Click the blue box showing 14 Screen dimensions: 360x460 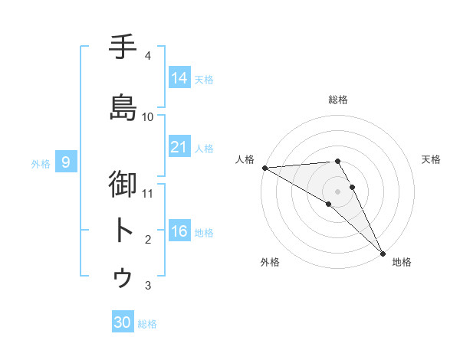click(x=179, y=78)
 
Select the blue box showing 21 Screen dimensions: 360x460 click(x=179, y=147)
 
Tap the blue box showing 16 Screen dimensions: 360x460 click(x=179, y=231)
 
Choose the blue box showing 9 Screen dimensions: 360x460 click(x=67, y=162)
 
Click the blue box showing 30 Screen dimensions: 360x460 click(x=123, y=322)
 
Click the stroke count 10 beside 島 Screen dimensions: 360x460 click(x=148, y=116)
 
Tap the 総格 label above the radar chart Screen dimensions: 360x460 click(x=338, y=100)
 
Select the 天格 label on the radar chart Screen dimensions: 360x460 click(x=432, y=159)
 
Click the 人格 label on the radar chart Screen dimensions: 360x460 click(x=245, y=159)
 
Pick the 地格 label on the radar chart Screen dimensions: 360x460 click(x=402, y=262)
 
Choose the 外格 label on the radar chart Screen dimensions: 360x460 click(x=270, y=262)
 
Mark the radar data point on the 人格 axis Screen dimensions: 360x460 click(x=264, y=168)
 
